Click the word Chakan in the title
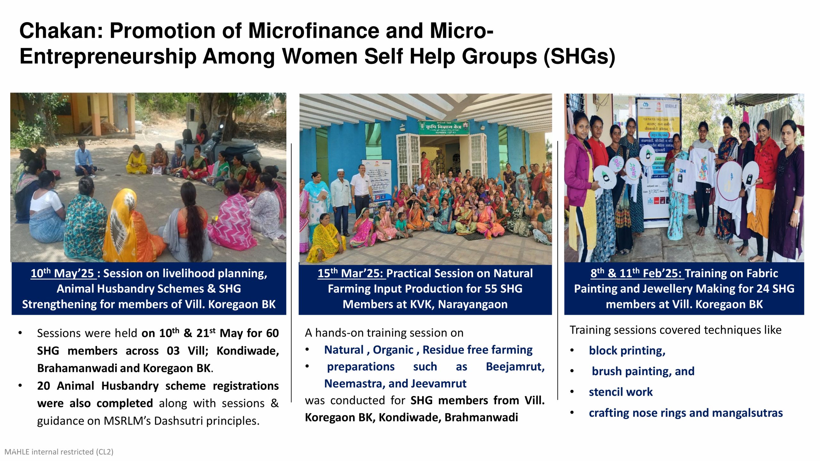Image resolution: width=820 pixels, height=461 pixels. click(61, 31)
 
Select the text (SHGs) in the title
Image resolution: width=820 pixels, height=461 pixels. click(579, 57)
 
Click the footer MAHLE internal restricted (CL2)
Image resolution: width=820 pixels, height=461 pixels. click(59, 452)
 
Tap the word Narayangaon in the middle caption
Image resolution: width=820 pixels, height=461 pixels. click(473, 304)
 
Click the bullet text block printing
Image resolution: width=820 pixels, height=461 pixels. click(627, 351)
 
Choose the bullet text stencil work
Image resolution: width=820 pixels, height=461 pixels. click(620, 392)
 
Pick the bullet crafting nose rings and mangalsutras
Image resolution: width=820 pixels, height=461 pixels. click(685, 413)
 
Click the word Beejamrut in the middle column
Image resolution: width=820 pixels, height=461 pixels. click(515, 367)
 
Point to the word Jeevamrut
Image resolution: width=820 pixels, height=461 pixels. click(439, 384)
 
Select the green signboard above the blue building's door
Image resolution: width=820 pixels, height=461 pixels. click(444, 127)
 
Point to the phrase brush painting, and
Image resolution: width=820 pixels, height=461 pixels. click(643, 371)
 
